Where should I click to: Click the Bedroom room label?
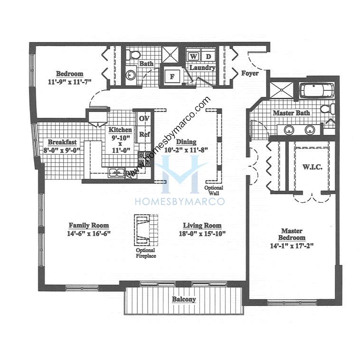(70, 74)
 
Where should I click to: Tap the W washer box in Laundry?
(193, 57)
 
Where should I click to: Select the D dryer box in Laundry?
(208, 57)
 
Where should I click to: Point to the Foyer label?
(250, 74)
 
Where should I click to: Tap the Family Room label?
(89, 225)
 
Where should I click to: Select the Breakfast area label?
(62, 142)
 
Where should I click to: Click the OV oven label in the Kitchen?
(143, 118)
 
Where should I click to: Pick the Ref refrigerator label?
(144, 134)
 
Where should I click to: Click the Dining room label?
(186, 142)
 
